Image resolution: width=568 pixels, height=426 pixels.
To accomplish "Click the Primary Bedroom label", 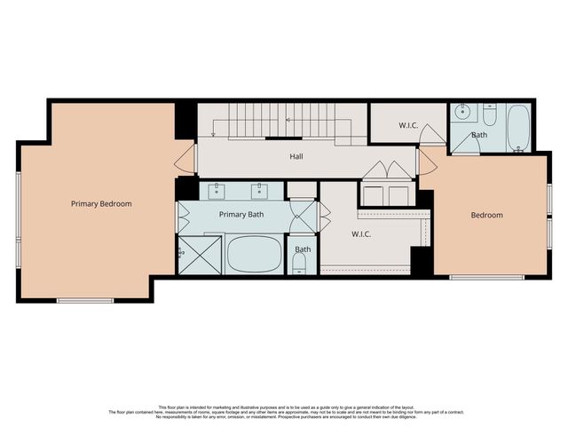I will (x=101, y=203).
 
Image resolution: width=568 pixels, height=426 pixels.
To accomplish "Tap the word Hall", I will (x=296, y=156).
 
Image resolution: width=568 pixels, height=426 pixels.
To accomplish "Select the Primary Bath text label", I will (x=241, y=214).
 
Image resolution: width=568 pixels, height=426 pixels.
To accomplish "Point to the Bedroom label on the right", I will (x=486, y=215).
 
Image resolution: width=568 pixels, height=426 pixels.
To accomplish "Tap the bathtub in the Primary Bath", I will (x=254, y=254).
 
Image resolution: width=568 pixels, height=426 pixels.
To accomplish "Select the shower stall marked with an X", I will (x=199, y=255).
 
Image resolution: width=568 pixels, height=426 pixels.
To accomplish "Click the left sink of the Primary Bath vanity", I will (x=217, y=190).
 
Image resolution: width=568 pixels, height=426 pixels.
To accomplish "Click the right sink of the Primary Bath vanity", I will (x=260, y=190).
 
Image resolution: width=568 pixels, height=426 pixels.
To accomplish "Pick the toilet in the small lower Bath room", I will (x=302, y=266).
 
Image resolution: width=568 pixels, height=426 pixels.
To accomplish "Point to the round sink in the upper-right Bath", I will (x=462, y=113).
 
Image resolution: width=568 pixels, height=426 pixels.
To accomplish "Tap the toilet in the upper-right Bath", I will (x=489, y=115).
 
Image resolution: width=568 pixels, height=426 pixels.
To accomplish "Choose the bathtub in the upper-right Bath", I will (x=517, y=127).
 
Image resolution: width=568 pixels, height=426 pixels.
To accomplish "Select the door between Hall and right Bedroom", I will (x=426, y=161).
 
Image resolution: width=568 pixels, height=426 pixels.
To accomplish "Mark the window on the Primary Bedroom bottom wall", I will (x=85, y=301).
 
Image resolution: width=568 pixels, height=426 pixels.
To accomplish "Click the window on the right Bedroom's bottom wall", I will (x=485, y=278).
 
